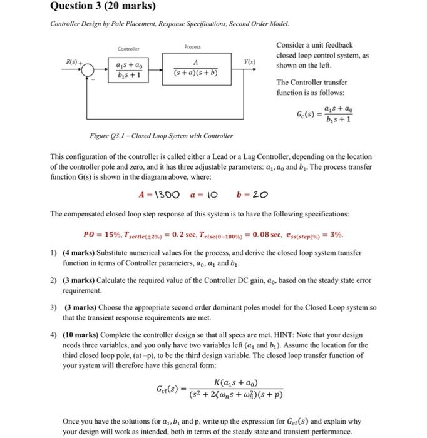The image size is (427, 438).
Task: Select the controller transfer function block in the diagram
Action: pyautogui.click(x=129, y=69)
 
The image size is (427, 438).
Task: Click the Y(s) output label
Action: pyautogui.click(x=251, y=62)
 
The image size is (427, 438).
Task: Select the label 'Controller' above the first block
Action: pyautogui.click(x=128, y=49)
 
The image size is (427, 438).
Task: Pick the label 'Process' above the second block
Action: pyautogui.click(x=193, y=47)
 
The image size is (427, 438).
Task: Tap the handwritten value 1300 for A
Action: pyautogui.click(x=165, y=195)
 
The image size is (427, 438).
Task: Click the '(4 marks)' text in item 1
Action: pyautogui.click(x=80, y=253)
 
